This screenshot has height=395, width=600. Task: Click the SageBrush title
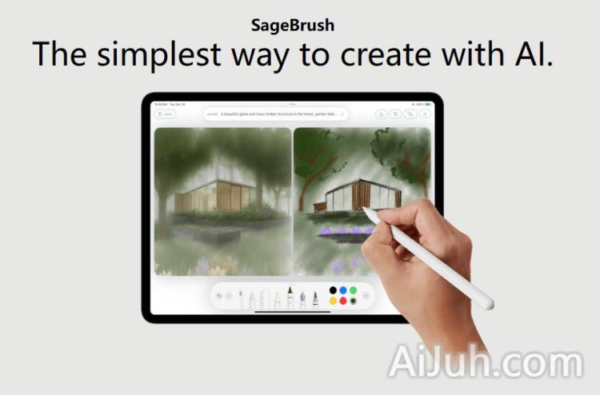click(292, 25)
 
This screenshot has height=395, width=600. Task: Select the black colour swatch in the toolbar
click(334, 290)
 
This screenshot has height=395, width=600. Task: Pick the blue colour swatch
click(343, 290)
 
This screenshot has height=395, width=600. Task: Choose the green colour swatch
click(353, 290)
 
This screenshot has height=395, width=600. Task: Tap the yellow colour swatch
click(334, 301)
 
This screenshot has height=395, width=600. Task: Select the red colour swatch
click(343, 301)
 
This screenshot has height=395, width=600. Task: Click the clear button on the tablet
click(166, 114)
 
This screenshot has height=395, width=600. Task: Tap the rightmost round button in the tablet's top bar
click(424, 114)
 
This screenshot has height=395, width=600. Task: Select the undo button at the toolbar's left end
click(219, 296)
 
